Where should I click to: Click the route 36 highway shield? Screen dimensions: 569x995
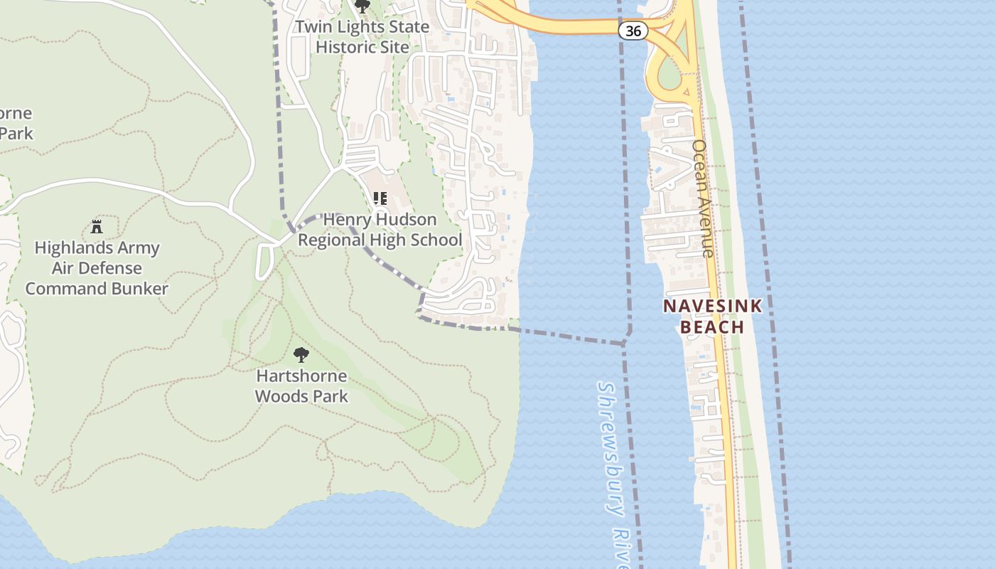(x=632, y=31)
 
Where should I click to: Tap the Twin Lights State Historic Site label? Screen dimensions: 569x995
(x=362, y=37)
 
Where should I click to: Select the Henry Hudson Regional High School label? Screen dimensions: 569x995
(x=380, y=230)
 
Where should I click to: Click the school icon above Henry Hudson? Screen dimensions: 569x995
(x=380, y=198)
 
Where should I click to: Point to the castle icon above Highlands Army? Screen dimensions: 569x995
(x=97, y=227)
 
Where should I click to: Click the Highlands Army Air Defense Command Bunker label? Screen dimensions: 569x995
(x=97, y=268)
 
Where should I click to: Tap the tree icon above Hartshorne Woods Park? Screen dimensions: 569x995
(x=301, y=354)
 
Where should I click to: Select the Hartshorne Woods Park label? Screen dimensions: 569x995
(x=301, y=385)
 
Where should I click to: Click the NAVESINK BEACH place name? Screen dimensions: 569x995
(x=712, y=317)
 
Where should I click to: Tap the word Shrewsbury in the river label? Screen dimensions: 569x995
(x=610, y=448)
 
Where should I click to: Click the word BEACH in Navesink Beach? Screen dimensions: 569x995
(x=712, y=327)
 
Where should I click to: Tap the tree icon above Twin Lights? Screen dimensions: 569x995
(x=362, y=7)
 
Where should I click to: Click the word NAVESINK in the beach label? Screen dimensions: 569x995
(x=712, y=307)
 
